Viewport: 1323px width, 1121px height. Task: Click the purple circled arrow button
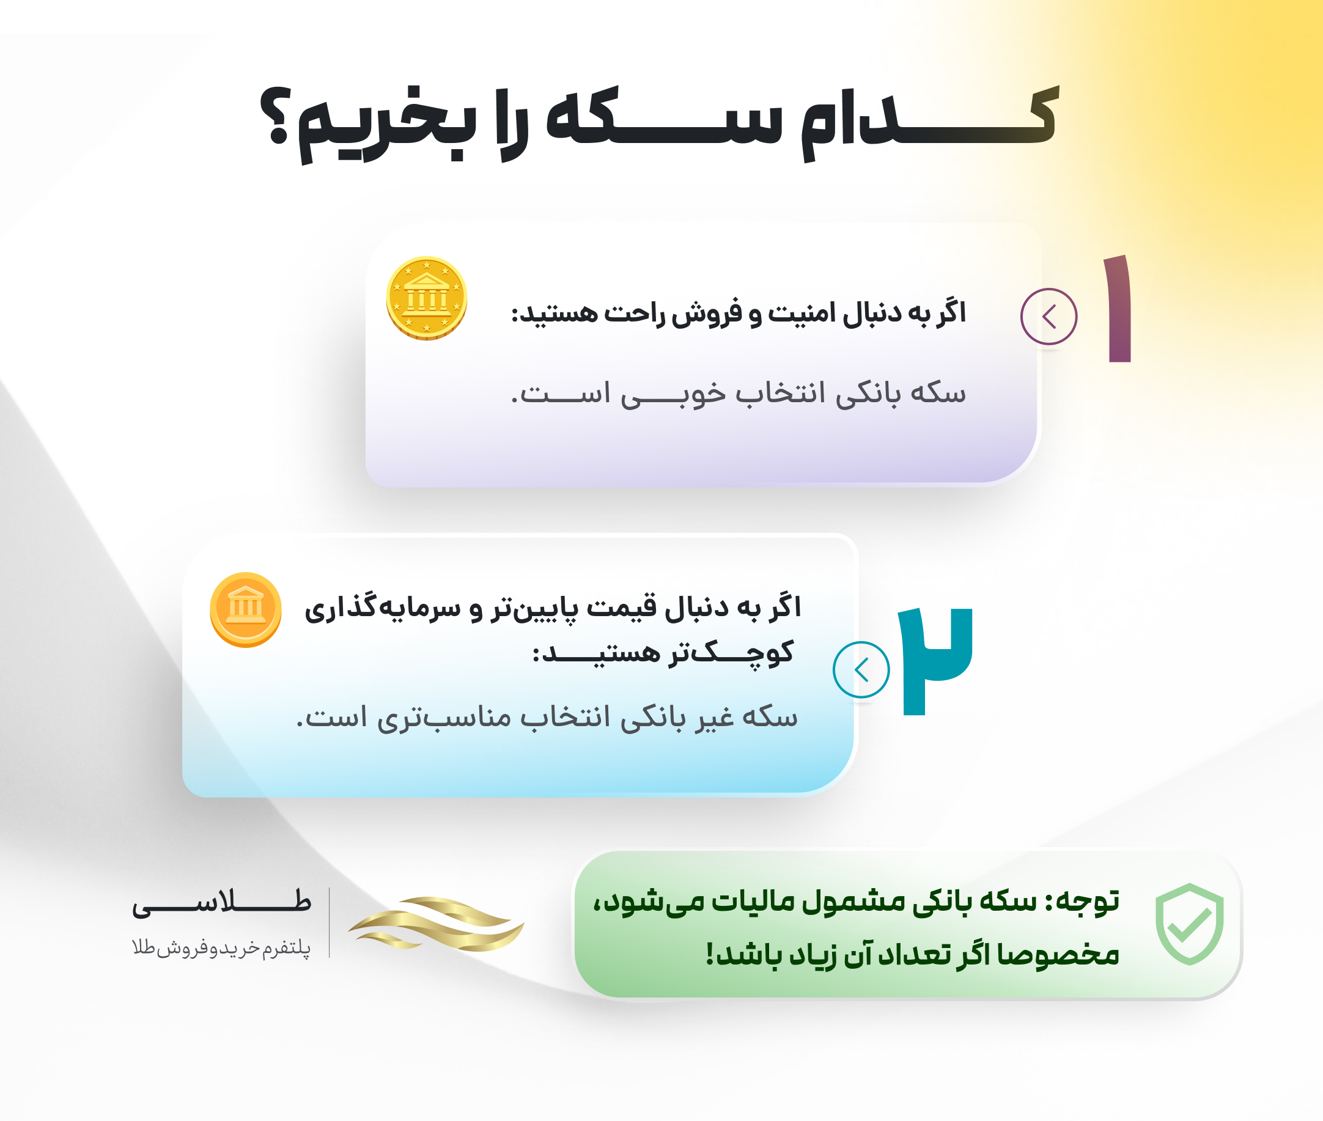click(1049, 317)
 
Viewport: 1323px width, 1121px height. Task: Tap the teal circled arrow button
click(861, 670)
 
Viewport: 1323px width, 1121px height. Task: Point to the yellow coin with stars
click(427, 298)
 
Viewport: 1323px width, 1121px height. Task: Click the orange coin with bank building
click(246, 609)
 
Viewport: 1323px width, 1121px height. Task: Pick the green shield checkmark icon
click(1190, 924)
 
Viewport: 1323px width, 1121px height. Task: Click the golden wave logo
click(436, 924)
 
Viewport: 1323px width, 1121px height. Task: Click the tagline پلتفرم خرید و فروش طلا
click(221, 947)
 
